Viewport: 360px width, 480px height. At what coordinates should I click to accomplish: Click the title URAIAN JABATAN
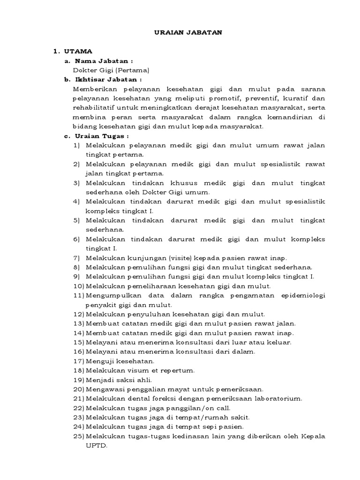point(180,32)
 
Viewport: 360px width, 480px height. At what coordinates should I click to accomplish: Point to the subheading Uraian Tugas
point(102,136)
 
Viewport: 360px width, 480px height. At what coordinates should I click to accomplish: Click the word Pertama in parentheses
point(135,70)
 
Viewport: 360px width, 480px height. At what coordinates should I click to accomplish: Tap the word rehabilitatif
point(95,108)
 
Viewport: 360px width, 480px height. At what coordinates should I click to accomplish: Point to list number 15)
point(78,342)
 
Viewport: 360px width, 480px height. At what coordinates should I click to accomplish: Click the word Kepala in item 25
point(314,436)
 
